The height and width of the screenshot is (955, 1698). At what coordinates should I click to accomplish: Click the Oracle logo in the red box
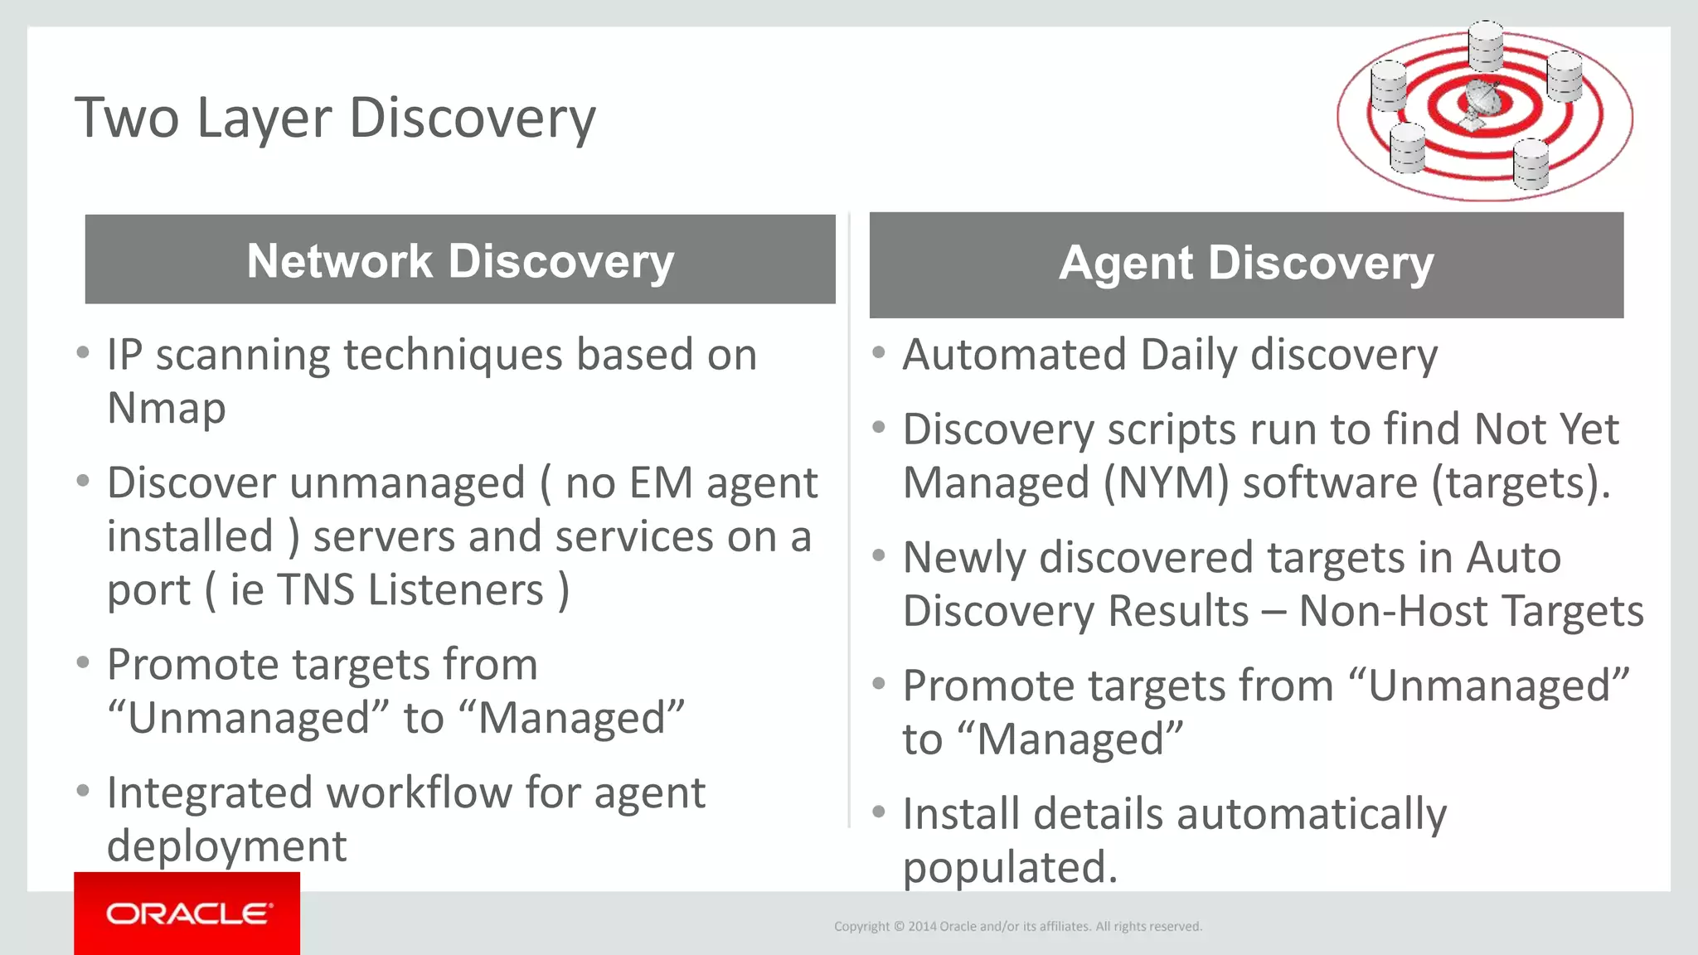187,914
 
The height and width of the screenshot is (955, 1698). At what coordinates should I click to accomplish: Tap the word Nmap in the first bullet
167,408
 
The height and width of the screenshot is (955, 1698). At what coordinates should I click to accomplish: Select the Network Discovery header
460,260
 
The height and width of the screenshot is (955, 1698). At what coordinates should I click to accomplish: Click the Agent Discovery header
1246,264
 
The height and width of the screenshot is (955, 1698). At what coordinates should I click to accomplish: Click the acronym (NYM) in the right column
1166,483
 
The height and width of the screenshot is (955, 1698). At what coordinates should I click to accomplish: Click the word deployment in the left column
227,846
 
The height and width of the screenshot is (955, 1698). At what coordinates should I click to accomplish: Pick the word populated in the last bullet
1010,868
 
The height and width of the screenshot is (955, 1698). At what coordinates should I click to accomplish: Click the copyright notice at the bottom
1017,926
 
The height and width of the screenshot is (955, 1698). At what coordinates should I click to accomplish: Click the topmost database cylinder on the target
1485,45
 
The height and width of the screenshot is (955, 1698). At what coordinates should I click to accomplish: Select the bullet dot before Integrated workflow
83,791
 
